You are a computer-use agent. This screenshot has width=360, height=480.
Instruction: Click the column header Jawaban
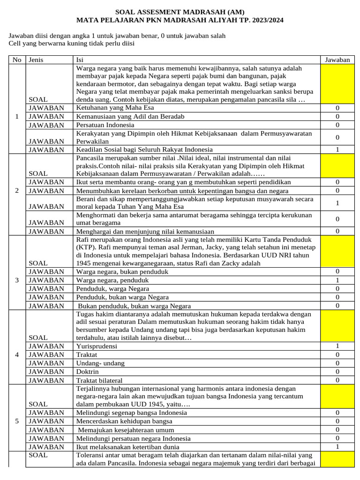[x=337, y=60]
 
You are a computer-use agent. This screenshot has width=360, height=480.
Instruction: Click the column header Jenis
[x=36, y=60]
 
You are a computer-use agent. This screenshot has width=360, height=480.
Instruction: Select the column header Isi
[x=80, y=60]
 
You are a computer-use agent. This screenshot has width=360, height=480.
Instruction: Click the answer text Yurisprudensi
[x=97, y=346]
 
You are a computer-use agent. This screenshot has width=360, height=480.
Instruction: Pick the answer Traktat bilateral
[x=99, y=381]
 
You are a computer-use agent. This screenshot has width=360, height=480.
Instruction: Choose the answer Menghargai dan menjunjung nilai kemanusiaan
[x=145, y=231]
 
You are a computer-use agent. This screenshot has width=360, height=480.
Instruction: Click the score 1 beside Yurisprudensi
[x=337, y=346]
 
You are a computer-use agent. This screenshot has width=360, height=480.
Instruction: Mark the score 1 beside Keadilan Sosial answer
[x=337, y=150]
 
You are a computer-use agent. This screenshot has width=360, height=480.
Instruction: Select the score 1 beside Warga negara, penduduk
[x=337, y=280]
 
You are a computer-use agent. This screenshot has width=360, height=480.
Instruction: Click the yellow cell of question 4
[x=337, y=326]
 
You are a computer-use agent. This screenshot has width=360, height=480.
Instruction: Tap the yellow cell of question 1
[x=337, y=84]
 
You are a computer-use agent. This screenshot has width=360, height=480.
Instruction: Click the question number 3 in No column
[x=17, y=280]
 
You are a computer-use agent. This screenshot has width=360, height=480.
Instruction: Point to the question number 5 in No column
[x=17, y=421]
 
